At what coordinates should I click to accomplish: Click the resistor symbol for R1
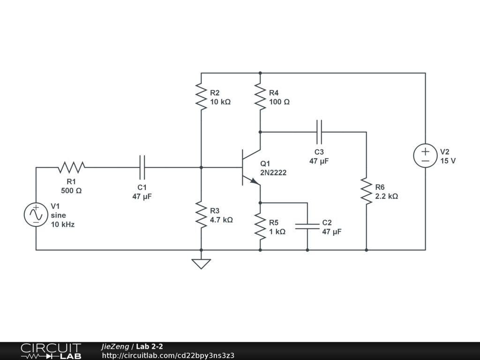[72, 167]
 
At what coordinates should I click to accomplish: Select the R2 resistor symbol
[201, 97]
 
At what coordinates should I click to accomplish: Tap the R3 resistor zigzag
[201, 215]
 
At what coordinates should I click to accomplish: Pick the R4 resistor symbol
[260, 97]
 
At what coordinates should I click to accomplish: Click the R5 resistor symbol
[260, 226]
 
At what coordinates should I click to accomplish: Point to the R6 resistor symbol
[367, 191]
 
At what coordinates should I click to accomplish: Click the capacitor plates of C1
[142, 167]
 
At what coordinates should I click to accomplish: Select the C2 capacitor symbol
[307, 226]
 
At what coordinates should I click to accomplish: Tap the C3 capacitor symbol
[319, 132]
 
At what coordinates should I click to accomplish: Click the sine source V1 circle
[36, 215]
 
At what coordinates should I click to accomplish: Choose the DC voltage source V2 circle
[425, 156]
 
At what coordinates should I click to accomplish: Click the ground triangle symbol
[201, 264]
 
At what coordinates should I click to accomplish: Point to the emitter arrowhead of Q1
[255, 181]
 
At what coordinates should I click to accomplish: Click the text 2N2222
[273, 172]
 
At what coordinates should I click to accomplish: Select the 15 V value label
[448, 161]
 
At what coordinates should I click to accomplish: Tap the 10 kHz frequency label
[63, 225]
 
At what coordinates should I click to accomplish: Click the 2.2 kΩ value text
[387, 196]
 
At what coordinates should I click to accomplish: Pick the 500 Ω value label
[71, 191]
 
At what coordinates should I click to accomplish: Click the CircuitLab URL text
[168, 355]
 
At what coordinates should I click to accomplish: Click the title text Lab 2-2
[150, 346]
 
